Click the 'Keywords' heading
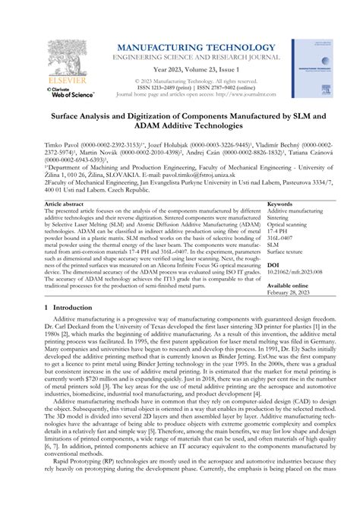280,204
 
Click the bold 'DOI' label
273,266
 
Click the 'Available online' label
289,286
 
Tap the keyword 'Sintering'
282,219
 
